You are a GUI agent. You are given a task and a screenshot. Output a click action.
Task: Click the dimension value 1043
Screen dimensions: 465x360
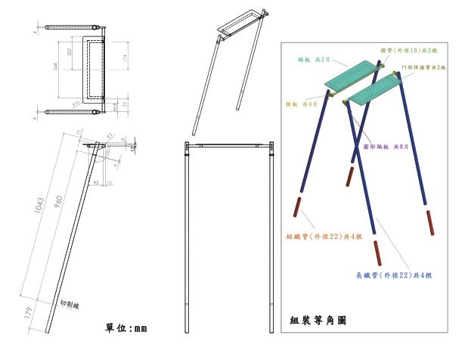tap(40, 202)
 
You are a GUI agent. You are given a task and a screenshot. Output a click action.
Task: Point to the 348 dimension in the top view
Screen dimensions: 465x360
tap(58, 68)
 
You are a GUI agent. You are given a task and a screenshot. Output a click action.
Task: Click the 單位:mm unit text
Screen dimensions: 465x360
tap(126, 328)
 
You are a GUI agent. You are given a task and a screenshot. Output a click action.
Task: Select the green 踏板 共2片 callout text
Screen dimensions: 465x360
tap(313, 59)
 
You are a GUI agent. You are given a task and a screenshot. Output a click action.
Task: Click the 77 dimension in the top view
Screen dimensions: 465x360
tap(124, 104)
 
